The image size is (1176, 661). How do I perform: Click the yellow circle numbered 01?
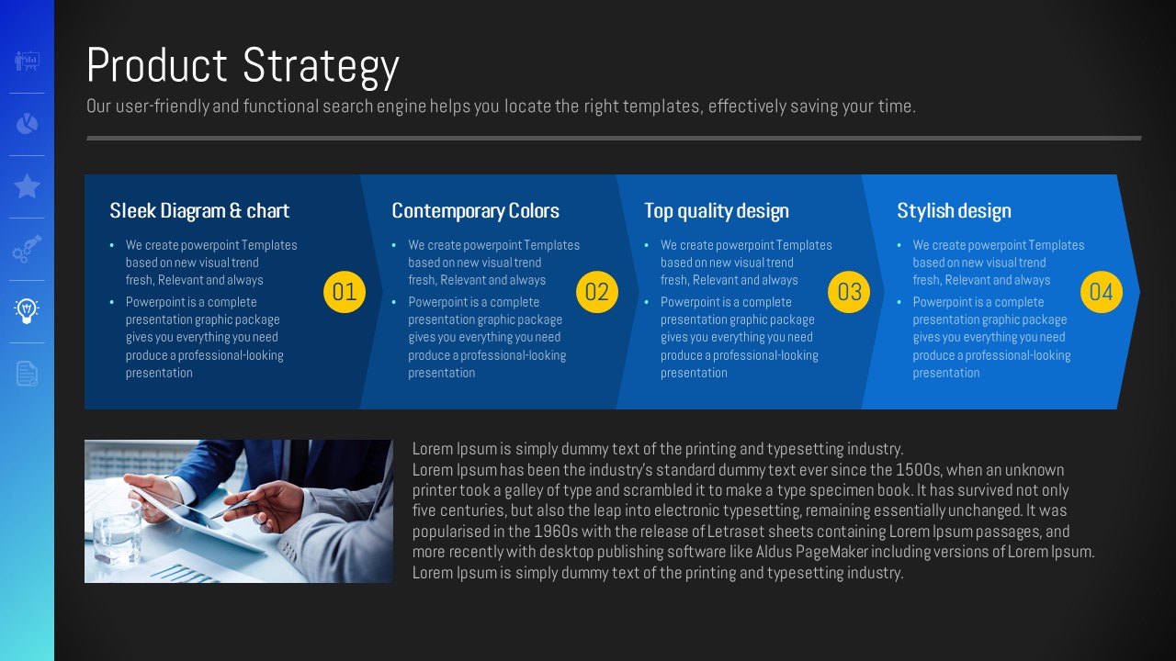345,292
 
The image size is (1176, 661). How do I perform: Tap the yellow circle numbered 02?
597,292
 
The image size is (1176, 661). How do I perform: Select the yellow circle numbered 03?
849,292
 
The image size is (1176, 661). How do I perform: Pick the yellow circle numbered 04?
1102,292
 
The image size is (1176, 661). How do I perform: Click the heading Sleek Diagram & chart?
199,211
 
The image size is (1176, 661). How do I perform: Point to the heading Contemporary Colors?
476,211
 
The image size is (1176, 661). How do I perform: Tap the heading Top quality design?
717,211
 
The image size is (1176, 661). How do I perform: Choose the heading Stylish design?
954,211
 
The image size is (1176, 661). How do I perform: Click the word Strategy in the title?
321,67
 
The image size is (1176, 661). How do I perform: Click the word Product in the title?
157,65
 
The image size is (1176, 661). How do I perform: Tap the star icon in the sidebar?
27,186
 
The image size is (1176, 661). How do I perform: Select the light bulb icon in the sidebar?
27,311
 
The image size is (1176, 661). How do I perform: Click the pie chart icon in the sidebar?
27,124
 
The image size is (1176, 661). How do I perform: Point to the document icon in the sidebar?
27,374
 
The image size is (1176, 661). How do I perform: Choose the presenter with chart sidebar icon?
27,62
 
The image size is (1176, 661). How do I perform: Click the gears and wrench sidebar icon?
27,249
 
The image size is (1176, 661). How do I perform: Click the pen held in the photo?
234,508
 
